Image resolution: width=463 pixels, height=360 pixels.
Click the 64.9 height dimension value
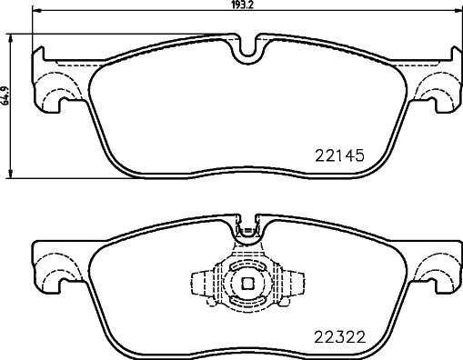[5, 95]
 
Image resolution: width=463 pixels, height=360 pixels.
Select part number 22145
[339, 155]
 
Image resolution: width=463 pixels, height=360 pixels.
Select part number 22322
[340, 337]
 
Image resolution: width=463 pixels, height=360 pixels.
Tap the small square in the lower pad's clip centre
[247, 284]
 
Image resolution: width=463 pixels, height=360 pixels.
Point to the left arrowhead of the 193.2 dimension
[37, 11]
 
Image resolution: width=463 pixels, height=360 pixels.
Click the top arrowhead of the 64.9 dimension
[11, 39]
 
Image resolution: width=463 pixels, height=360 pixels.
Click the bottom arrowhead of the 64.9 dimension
[11, 174]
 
